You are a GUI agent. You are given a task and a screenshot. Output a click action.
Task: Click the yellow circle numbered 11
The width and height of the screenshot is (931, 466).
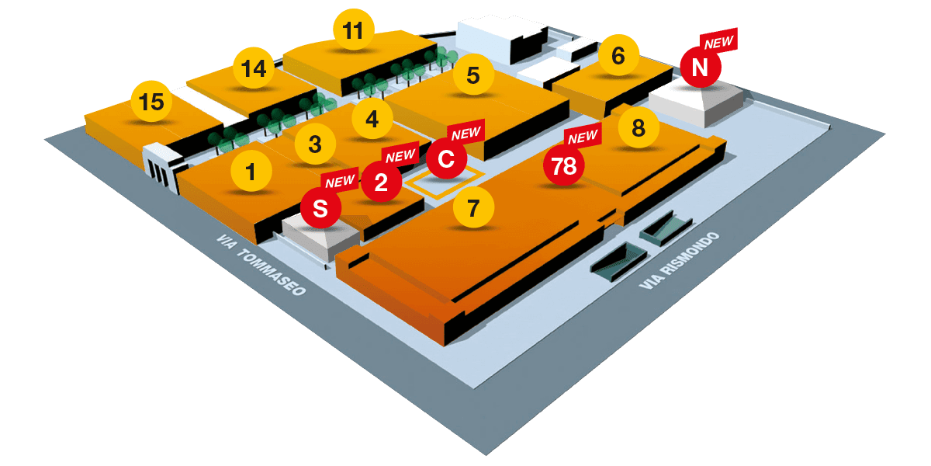pos(353,31)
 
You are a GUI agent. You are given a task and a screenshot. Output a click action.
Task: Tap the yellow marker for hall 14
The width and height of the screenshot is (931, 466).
pos(254,69)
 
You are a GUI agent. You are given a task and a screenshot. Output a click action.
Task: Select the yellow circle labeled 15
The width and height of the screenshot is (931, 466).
pos(152,103)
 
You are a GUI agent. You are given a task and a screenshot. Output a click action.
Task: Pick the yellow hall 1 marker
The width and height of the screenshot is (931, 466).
pos(250,171)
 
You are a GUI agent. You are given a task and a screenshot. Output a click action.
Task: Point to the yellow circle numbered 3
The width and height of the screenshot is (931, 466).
pos(315,144)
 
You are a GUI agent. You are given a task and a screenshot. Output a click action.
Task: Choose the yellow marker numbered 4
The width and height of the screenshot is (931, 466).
pos(372,120)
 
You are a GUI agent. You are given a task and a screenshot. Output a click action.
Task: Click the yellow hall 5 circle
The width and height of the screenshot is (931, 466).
pos(473,75)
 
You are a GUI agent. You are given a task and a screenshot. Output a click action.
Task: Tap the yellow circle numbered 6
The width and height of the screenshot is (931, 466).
pos(618,56)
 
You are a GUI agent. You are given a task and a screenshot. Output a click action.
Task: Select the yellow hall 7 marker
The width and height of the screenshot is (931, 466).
pos(474,207)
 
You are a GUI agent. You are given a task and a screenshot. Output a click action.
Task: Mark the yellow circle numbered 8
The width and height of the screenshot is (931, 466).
pos(639,127)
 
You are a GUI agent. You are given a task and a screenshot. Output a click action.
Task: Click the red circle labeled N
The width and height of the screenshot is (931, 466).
pos(700,68)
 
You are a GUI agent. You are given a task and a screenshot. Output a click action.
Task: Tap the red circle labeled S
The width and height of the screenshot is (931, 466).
pos(320,208)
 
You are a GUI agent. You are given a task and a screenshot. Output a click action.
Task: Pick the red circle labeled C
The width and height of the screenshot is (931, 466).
pos(446,159)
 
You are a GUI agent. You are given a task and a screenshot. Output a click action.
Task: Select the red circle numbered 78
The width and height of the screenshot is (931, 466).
pos(564,165)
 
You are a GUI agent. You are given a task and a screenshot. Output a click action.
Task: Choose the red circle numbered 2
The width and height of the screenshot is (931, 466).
pos(381,183)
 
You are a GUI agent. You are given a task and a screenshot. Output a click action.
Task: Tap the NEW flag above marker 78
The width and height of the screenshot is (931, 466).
pos(583,137)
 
